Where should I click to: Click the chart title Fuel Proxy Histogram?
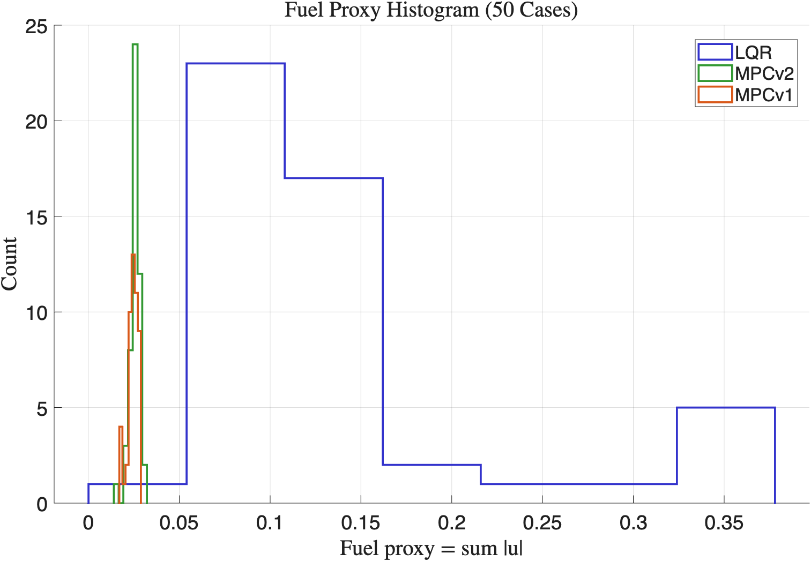point(431,10)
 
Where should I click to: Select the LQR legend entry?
point(753,53)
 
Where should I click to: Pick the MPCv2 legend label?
point(764,73)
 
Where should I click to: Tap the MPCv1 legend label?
point(764,95)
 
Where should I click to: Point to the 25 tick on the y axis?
point(36,26)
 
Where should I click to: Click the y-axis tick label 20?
point(36,122)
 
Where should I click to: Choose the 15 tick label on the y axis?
point(36,217)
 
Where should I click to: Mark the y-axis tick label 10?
point(36,312)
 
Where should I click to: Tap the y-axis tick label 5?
point(42,408)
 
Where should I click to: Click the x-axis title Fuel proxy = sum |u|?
point(431,549)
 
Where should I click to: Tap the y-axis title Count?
point(10,264)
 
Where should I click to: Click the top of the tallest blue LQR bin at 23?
point(236,64)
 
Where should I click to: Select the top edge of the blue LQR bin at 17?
point(333,178)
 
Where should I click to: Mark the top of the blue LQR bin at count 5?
point(726,408)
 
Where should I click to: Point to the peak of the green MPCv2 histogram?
point(135,44)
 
